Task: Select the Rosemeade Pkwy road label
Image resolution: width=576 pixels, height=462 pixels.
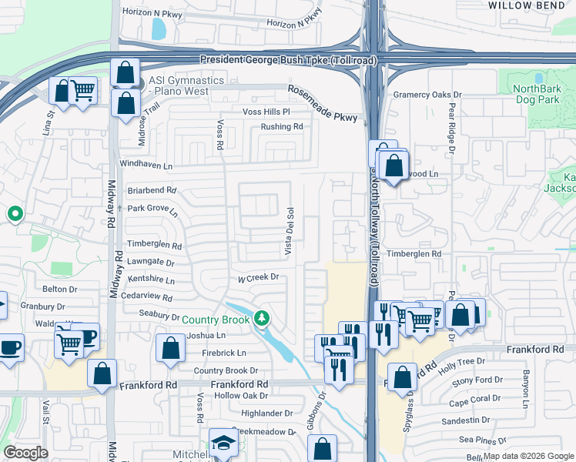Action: pyautogui.click(x=323, y=104)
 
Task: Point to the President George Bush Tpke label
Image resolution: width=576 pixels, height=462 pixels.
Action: pyautogui.click(x=289, y=60)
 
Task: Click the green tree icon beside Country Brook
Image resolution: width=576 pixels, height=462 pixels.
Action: pyautogui.click(x=262, y=318)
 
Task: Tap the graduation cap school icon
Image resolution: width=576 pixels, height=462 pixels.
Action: pyautogui.click(x=223, y=443)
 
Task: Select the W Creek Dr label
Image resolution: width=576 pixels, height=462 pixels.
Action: pyautogui.click(x=256, y=277)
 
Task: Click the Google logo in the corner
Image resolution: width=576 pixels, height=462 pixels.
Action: pyautogui.click(x=26, y=453)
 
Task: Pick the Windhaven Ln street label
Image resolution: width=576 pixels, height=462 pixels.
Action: pyautogui.click(x=146, y=165)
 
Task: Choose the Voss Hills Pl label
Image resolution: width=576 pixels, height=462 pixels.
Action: pyautogui.click(x=266, y=112)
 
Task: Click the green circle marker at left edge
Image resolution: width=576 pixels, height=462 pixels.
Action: pyautogui.click(x=14, y=213)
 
